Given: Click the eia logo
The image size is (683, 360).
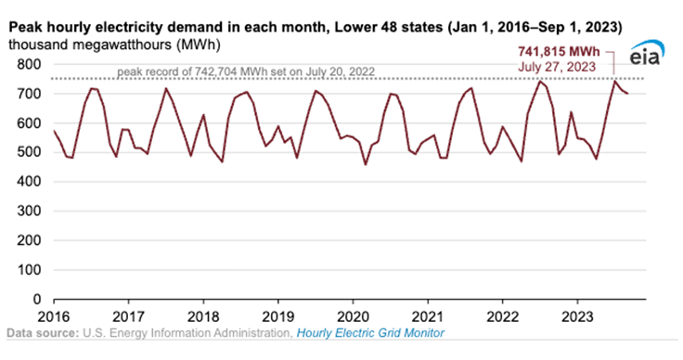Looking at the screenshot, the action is [647, 53].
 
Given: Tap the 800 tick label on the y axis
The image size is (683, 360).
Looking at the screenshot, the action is [29, 64].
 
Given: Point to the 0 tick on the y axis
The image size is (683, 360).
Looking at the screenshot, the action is [37, 300].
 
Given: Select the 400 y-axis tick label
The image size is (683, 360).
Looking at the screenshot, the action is [29, 182].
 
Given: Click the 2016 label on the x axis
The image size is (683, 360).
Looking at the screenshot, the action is [54, 316].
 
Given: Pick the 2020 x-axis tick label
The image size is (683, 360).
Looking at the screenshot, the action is [353, 316].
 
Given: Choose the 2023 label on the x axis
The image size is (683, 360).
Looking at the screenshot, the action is [577, 316].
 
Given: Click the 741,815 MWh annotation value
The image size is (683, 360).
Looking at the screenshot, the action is [559, 52].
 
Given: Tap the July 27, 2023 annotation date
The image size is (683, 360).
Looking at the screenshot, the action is [557, 67].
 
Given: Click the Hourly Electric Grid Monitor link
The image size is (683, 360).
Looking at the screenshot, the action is [370, 333].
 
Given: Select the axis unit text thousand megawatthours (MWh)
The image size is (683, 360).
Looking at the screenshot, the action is [114, 45].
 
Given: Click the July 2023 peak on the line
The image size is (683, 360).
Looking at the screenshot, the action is [614, 81].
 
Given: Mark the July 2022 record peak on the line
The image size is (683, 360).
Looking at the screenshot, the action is [540, 81].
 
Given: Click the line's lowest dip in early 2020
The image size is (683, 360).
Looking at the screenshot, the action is [366, 164].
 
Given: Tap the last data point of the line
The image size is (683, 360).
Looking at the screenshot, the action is [627, 94].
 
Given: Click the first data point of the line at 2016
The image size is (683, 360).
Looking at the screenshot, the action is [54, 131].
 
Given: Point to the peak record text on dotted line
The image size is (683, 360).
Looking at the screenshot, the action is [246, 71].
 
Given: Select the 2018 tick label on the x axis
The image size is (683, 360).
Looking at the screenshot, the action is [203, 316].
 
